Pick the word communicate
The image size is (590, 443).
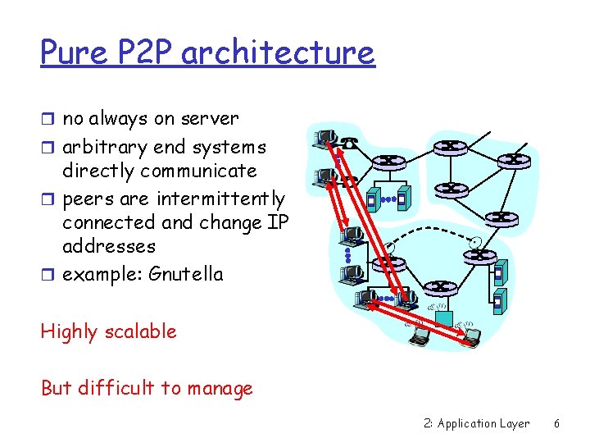point(199,171)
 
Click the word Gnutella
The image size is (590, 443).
point(186,274)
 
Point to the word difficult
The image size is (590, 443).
point(118,387)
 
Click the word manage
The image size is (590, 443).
point(220,389)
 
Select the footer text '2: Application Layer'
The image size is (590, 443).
point(477,424)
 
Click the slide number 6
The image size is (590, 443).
point(557,424)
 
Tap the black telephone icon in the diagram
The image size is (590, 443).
point(350,144)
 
